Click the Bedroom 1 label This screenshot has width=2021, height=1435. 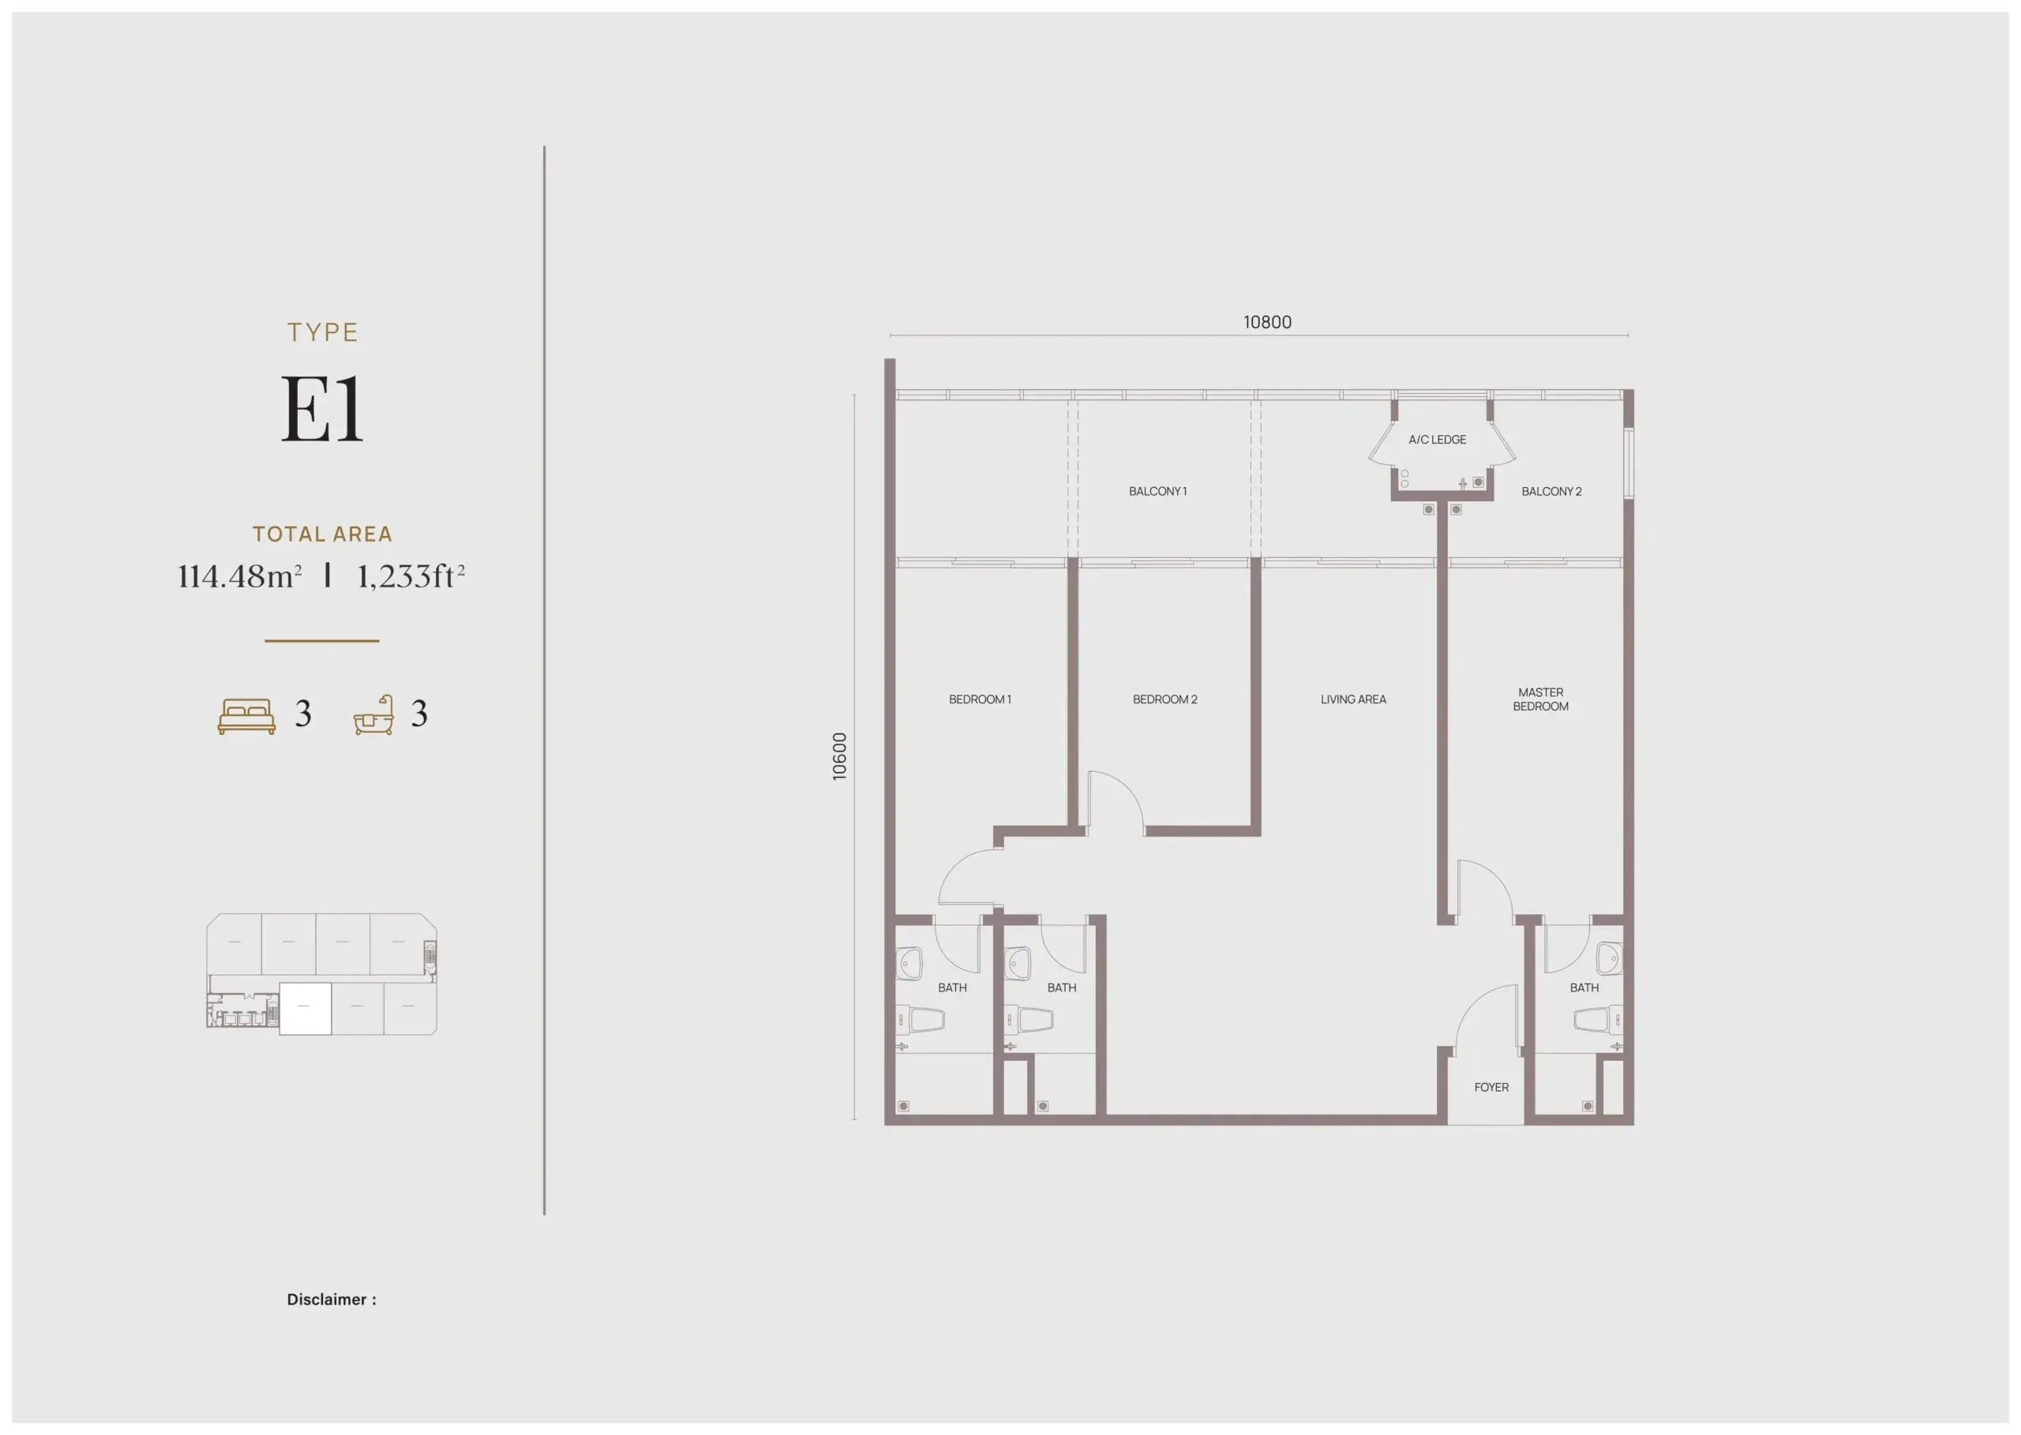point(979,699)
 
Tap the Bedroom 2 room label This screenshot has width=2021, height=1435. point(1164,699)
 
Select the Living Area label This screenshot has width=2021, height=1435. point(1353,699)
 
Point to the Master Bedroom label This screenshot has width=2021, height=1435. point(1540,699)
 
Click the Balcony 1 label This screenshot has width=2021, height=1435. point(1157,491)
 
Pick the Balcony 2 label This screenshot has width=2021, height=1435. point(1550,491)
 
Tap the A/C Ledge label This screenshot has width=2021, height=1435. point(1437,439)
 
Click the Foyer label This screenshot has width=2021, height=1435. point(1490,1087)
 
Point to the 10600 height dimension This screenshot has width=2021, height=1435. point(839,756)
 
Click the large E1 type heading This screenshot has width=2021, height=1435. point(321,408)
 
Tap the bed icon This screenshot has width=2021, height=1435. point(246,716)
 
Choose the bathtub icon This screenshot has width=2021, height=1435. point(373,716)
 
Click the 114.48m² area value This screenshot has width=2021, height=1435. point(239,576)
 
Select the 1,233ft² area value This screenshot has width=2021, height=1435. point(410,576)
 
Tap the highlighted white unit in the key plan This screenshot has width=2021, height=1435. point(305,1008)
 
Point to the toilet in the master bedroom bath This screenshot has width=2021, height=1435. point(1598,1021)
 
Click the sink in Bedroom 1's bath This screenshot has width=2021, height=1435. point(909,964)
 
